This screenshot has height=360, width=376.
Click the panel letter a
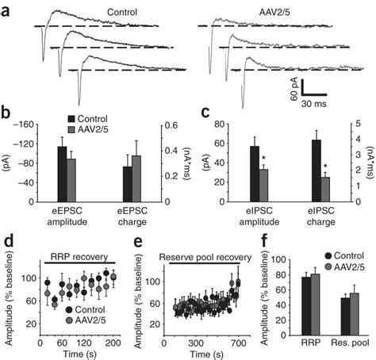pos(7,10)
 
